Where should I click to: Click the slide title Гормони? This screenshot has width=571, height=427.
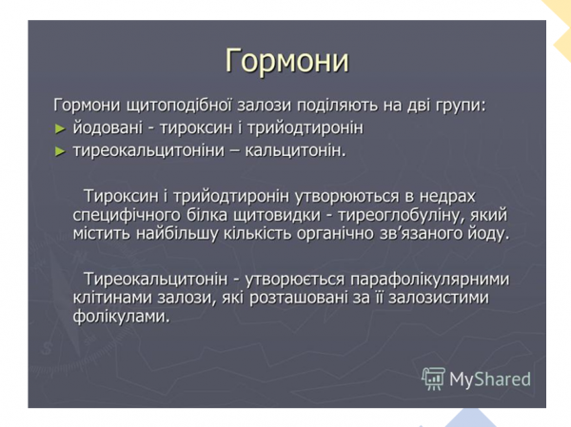coord(286,61)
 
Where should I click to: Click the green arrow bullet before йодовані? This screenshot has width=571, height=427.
coord(60,127)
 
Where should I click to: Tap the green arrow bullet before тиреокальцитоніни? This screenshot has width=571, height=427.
coord(60,150)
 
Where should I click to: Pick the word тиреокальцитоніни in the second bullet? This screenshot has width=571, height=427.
coord(154,150)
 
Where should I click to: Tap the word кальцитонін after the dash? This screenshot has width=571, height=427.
coord(299,150)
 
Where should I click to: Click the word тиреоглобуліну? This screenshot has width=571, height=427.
coord(398,215)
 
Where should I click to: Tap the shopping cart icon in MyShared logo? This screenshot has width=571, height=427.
coord(433,379)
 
